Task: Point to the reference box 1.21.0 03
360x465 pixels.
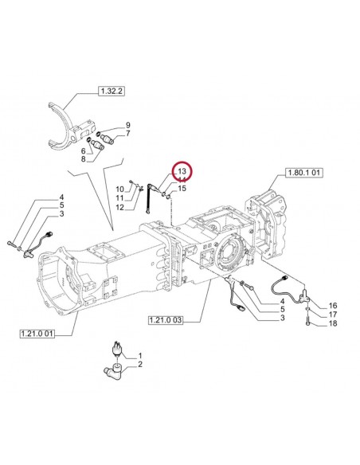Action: [166, 320]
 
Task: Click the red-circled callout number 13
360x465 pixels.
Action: [181, 172]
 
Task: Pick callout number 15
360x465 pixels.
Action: [182, 189]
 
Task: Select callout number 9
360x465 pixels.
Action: [127, 124]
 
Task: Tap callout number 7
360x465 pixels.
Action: [127, 133]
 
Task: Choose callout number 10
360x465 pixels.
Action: [119, 189]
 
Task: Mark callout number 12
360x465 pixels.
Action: [119, 207]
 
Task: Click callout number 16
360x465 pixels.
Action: [332, 305]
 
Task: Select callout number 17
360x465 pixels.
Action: [332, 315]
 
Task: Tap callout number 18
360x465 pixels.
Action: [332, 324]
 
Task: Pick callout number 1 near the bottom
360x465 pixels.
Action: [140, 355]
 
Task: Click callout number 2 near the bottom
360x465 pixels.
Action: [140, 365]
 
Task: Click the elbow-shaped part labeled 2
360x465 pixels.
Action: [114, 369]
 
